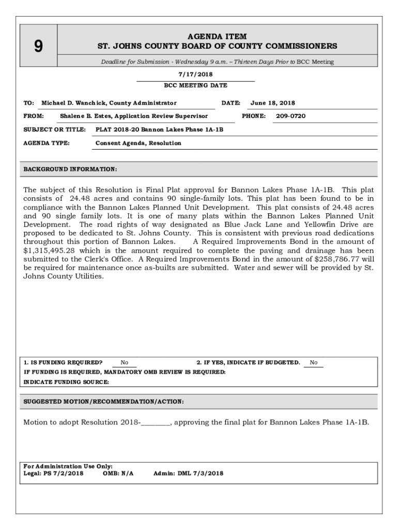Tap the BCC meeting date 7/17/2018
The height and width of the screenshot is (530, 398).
click(x=195, y=75)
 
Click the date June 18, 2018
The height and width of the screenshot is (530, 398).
click(x=272, y=103)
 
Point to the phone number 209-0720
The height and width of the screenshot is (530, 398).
click(x=290, y=116)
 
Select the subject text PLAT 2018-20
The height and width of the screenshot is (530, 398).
click(x=117, y=129)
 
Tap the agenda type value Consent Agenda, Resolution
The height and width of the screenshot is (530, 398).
click(x=139, y=143)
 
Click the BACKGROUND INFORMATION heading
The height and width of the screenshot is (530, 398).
click(x=70, y=169)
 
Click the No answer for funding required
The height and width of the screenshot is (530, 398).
click(x=125, y=362)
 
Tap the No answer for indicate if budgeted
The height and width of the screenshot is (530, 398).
click(x=314, y=362)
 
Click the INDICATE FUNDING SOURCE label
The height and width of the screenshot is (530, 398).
click(x=66, y=382)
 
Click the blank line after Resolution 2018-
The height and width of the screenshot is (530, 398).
click(x=155, y=422)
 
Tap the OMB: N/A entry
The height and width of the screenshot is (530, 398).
click(x=118, y=473)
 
